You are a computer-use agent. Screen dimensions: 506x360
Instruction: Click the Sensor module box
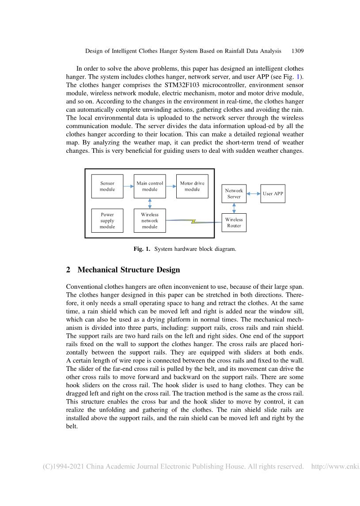click(107, 186)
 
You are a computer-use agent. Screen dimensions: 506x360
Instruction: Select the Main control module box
click(150, 186)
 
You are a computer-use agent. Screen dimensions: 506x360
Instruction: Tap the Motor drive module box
click(192, 186)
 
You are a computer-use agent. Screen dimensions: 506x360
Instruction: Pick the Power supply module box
click(107, 221)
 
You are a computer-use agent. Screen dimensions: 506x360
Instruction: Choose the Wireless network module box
click(150, 221)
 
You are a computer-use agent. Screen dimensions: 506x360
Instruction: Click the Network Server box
click(234, 194)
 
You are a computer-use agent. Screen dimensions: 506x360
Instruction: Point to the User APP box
click(273, 193)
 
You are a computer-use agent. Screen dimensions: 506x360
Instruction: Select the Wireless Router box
click(234, 223)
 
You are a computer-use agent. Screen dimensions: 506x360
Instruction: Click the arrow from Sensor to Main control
click(129, 186)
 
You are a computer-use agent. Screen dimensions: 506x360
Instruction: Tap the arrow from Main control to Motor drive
click(171, 186)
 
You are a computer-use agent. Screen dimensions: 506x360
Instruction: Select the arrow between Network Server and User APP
click(254, 193)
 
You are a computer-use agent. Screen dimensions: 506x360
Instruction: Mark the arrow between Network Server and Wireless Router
click(234, 208)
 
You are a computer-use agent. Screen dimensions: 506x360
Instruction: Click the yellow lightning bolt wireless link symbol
click(193, 221)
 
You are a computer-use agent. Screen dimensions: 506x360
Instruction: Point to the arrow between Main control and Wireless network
click(150, 204)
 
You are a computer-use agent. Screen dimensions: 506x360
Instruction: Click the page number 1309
click(298, 51)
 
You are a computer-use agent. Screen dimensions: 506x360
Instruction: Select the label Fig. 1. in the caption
click(142, 249)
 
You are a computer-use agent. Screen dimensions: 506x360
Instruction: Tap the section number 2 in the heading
click(68, 270)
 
